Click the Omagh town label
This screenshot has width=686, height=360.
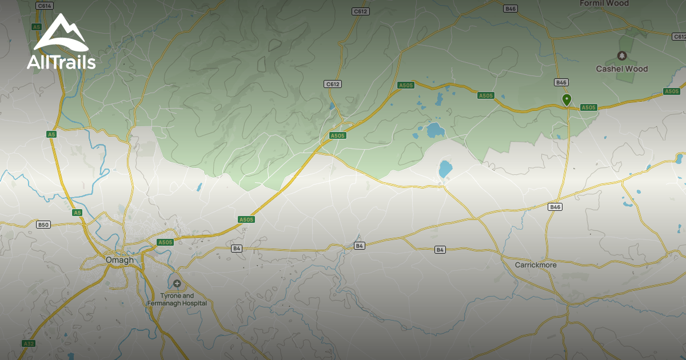(119, 260)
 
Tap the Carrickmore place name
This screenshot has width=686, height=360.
(536, 265)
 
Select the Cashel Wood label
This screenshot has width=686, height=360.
(622, 69)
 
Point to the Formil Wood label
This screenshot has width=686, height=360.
(604, 3)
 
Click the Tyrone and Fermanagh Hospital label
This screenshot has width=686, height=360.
(177, 299)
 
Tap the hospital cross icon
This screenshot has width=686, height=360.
(177, 283)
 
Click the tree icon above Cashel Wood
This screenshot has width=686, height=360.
(622, 55)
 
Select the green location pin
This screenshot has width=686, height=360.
(567, 99)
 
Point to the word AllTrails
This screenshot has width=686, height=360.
(61, 62)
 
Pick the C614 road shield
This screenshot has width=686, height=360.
(44, 6)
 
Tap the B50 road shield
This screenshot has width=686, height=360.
(43, 225)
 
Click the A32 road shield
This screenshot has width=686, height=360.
(29, 343)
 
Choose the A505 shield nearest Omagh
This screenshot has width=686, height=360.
(165, 242)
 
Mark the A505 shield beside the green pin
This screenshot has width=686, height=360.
(588, 107)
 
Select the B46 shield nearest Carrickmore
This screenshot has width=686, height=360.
(555, 207)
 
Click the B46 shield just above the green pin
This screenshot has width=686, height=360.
(561, 82)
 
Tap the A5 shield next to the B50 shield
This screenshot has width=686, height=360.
(78, 213)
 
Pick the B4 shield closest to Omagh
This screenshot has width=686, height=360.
(237, 248)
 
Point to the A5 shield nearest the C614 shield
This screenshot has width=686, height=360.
(37, 27)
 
